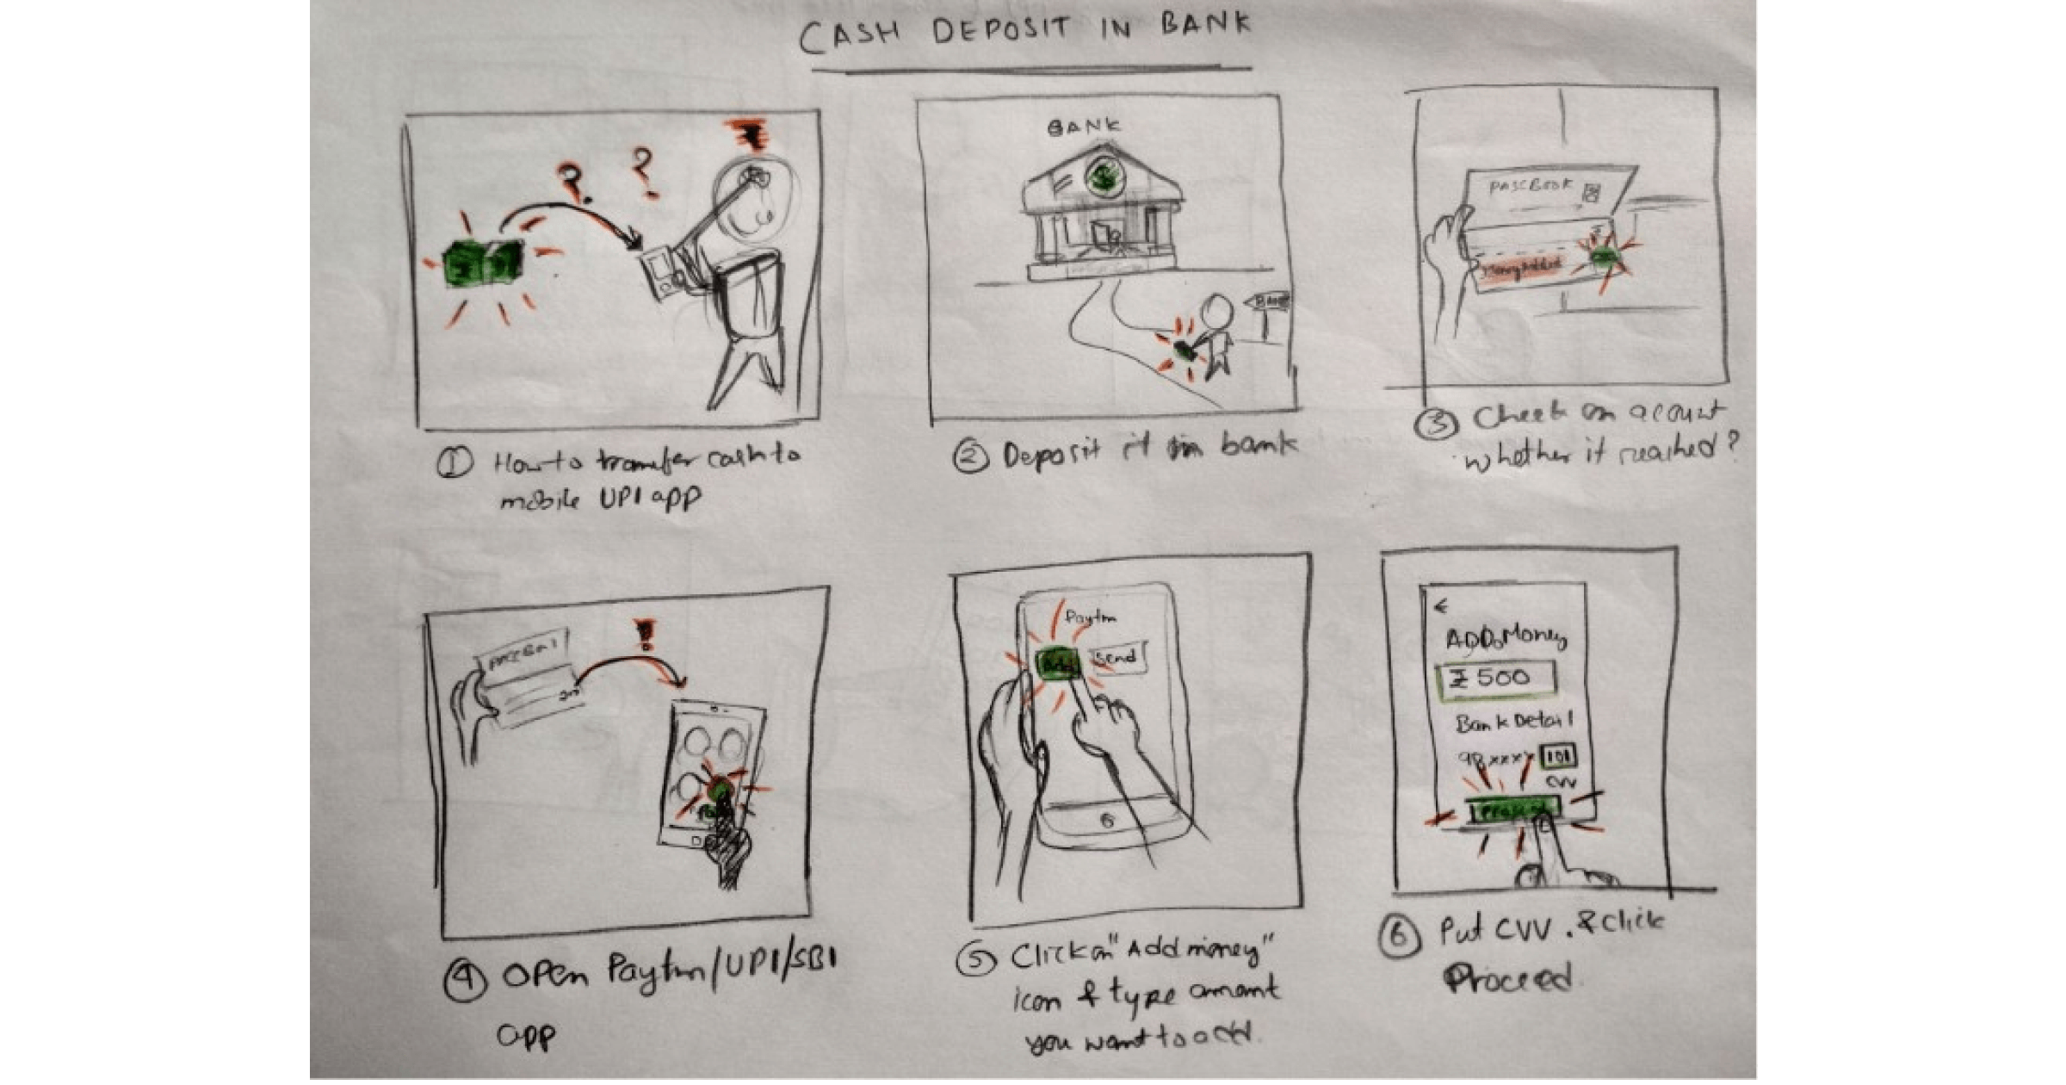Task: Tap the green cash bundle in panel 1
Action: coord(481,263)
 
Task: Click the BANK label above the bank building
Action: coord(1084,127)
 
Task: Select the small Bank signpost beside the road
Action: coord(1268,303)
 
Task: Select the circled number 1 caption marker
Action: coord(454,463)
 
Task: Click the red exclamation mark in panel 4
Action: coord(643,635)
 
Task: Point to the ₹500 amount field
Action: coord(1496,678)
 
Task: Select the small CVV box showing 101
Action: coord(1557,757)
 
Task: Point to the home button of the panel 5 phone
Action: coord(1107,821)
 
